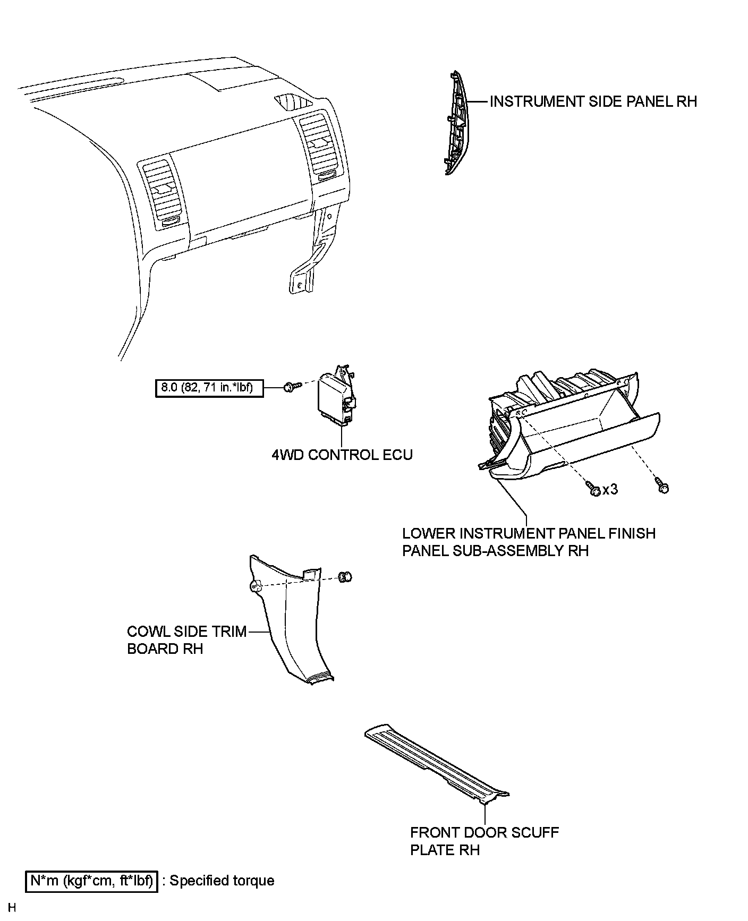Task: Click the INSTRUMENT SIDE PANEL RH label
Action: pyautogui.click(x=593, y=101)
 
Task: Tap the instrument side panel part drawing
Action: pyautogui.click(x=456, y=123)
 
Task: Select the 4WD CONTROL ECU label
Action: pyautogui.click(x=342, y=455)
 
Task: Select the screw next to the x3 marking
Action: pyautogui.click(x=593, y=488)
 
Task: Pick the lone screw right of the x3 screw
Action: pyautogui.click(x=662, y=486)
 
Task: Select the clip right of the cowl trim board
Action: pyautogui.click(x=345, y=577)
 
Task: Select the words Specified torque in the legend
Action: pyautogui.click(x=222, y=881)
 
